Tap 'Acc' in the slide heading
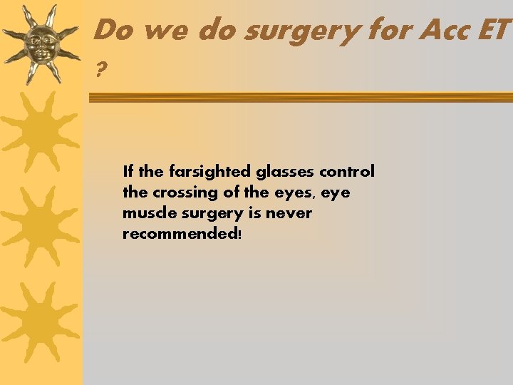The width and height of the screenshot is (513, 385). click(442, 30)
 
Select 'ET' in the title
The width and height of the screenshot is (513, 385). click(493, 30)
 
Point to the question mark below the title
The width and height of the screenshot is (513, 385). click(100, 70)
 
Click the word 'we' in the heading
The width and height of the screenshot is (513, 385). click(166, 30)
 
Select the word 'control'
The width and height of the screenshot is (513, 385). click(347, 172)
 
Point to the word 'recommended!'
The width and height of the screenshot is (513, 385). click(182, 234)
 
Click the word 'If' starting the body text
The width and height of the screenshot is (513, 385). click(128, 172)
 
